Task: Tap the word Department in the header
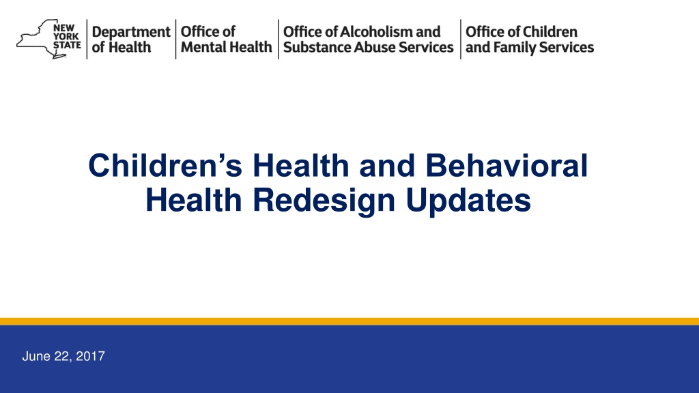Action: pos(131,32)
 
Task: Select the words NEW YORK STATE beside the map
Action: pos(67,37)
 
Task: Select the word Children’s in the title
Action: pos(165,165)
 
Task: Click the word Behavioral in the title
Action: pos(507,165)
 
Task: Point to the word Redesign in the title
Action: pos(324,201)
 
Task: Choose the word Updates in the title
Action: pos(468,201)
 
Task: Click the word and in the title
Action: pos(387,165)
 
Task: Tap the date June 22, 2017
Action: pos(63,356)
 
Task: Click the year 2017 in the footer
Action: pos(91,356)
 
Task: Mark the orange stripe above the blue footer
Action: pos(349,321)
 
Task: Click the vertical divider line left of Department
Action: pos(87,39)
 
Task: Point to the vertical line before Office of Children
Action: pos(461,39)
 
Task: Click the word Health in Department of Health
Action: pos(130,47)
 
